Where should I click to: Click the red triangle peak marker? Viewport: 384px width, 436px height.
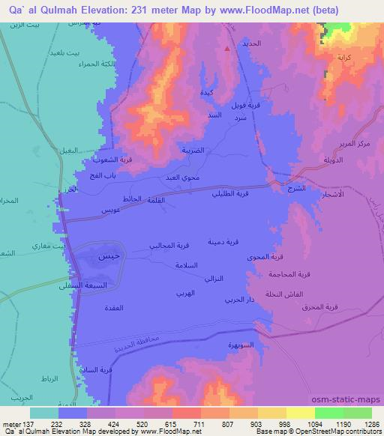coord(228,49)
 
